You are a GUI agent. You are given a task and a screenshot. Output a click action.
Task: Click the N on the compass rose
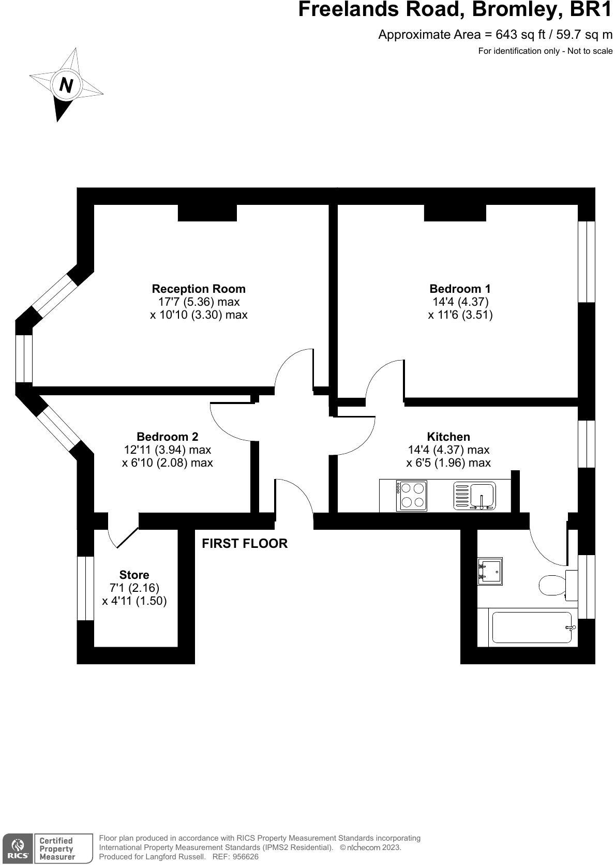(x=66, y=84)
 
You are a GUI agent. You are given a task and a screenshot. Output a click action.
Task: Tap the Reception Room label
(x=199, y=289)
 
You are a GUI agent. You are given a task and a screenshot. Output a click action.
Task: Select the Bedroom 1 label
(x=460, y=289)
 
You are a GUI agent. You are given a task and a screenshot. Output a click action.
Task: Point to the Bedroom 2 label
(x=167, y=437)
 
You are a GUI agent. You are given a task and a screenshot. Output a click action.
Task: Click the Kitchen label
(x=448, y=437)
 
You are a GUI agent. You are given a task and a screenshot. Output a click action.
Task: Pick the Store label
(x=134, y=575)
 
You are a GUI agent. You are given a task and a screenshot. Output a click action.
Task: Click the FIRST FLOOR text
(x=244, y=543)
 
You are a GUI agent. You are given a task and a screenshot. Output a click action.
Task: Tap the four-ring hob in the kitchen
(x=412, y=496)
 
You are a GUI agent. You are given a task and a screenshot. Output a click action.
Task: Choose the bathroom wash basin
(x=489, y=571)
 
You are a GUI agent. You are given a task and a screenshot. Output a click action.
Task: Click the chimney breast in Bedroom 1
(x=455, y=213)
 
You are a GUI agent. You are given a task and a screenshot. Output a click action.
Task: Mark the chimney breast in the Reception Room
(x=207, y=213)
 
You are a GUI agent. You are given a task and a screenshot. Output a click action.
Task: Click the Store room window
(x=85, y=588)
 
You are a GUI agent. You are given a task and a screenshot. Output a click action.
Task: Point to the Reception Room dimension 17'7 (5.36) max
(x=199, y=302)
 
